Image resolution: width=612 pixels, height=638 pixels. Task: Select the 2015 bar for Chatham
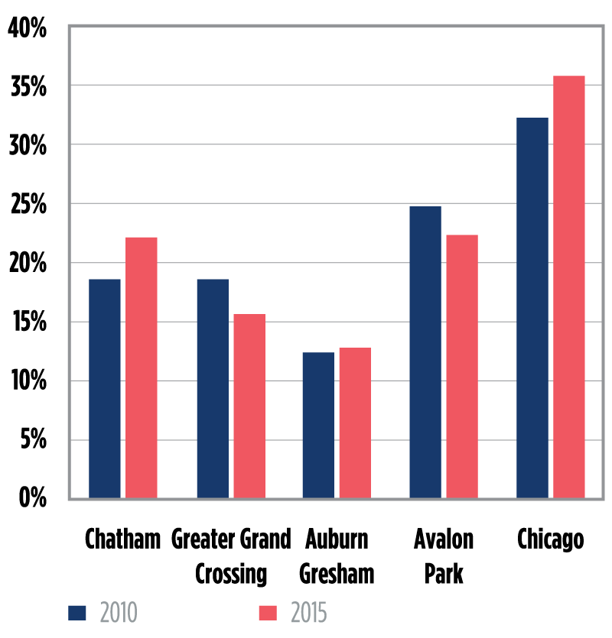pyautogui.click(x=142, y=368)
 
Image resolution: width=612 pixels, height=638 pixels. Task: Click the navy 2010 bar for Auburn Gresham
pyautogui.click(x=318, y=425)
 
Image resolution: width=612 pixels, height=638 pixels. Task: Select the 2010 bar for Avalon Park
pyautogui.click(x=425, y=352)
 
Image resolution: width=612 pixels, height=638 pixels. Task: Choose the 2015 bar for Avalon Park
pyautogui.click(x=462, y=367)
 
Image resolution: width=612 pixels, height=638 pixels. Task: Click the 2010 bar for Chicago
pyautogui.click(x=532, y=308)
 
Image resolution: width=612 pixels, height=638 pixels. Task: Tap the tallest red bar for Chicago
pyautogui.click(x=569, y=287)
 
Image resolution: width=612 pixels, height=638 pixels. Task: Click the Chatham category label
pyautogui.click(x=123, y=539)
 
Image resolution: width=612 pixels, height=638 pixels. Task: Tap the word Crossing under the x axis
pyautogui.click(x=231, y=573)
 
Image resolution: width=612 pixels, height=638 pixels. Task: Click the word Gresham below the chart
pyautogui.click(x=337, y=573)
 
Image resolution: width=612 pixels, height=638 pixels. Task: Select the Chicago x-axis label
pyautogui.click(x=550, y=539)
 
